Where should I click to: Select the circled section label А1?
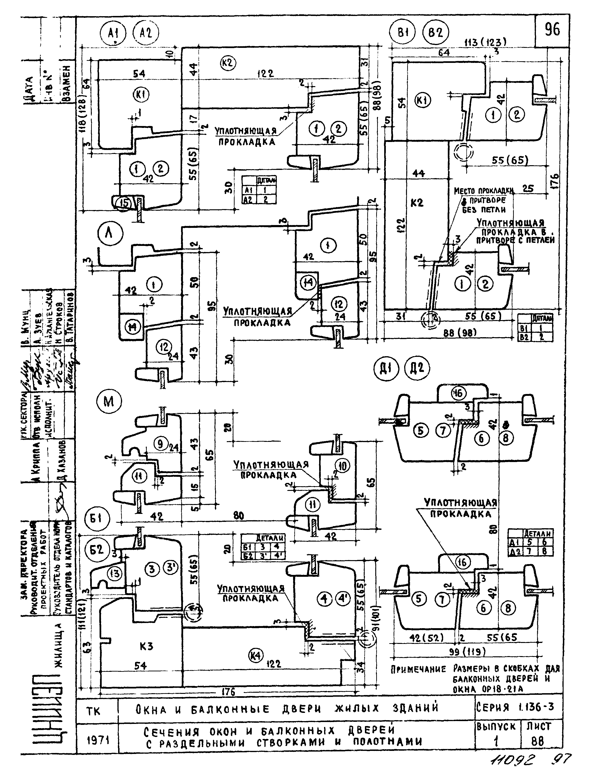113,34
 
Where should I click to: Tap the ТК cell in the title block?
93,711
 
